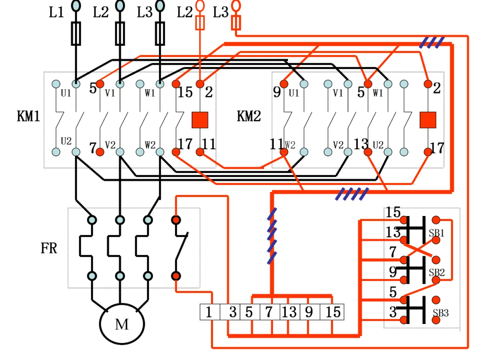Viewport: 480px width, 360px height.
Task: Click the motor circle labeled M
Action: [122, 324]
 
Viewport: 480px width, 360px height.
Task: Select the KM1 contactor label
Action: [28, 116]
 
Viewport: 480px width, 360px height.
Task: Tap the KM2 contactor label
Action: [249, 116]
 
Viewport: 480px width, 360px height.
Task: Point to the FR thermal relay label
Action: [49, 248]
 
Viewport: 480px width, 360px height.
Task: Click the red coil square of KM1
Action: [200, 120]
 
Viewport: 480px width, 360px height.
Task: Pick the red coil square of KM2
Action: [428, 120]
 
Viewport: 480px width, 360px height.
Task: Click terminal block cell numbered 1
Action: [210, 312]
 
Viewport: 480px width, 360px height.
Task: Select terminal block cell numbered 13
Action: [290, 312]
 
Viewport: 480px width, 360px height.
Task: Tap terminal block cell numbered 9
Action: [310, 312]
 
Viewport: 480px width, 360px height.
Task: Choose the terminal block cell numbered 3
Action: [230, 312]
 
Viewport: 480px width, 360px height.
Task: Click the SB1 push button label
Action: [436, 233]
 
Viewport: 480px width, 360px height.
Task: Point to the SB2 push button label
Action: [436, 273]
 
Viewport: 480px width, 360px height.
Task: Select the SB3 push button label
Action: [440, 313]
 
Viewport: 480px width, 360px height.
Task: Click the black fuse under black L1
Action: [76, 34]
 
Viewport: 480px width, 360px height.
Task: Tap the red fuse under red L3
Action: [236, 23]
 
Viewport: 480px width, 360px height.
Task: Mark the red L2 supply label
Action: [185, 12]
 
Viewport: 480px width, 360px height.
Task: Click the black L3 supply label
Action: [144, 12]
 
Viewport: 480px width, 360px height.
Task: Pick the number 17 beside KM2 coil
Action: [437, 148]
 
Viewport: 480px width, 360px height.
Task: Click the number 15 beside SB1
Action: [393, 212]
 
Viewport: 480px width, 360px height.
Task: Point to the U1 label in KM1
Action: [66, 93]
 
